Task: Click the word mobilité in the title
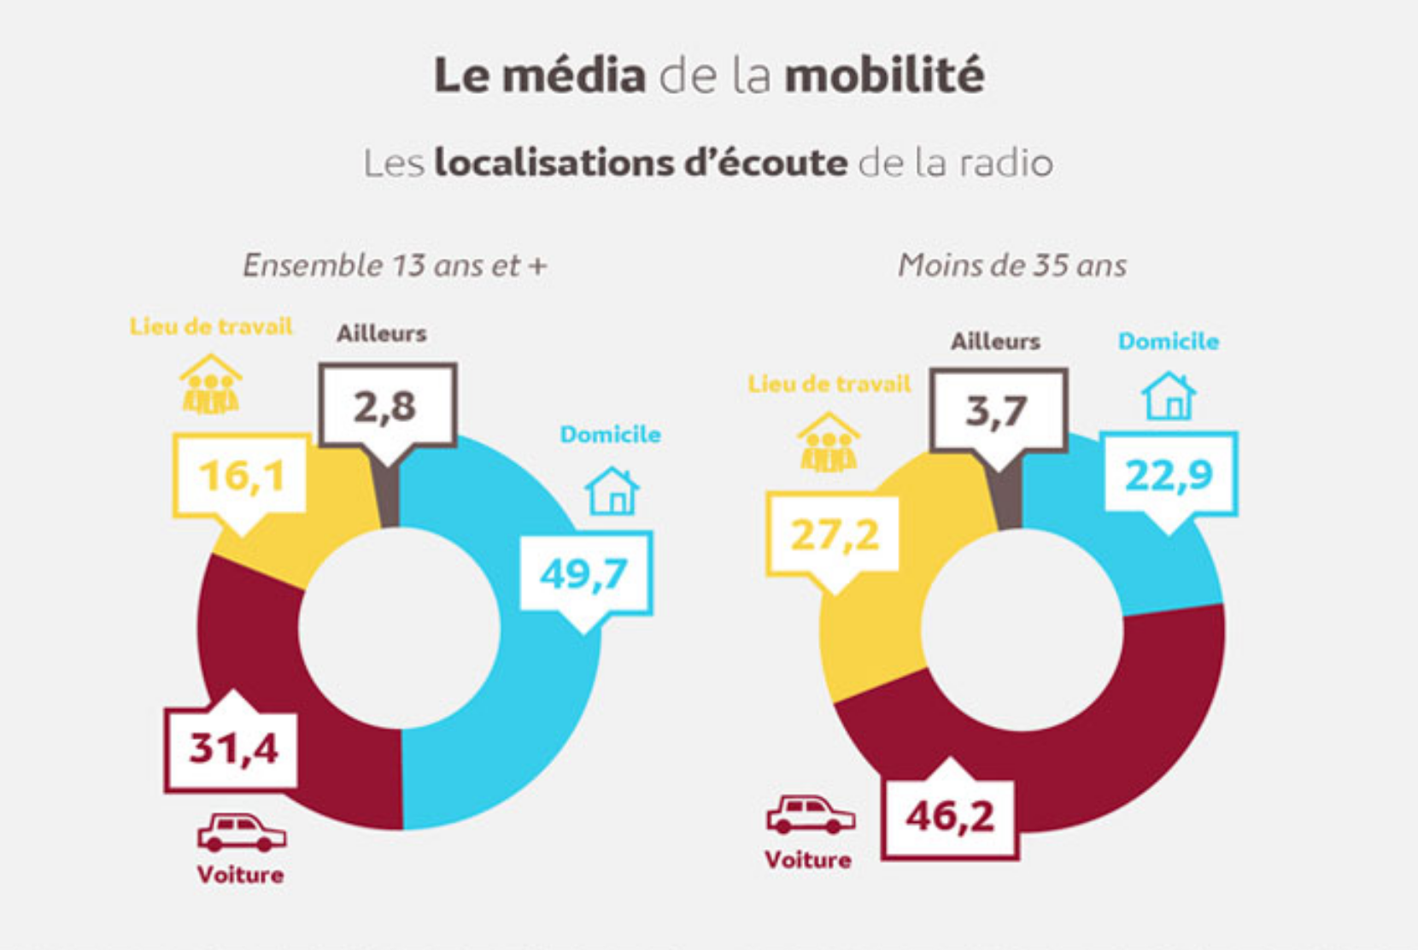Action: (x=884, y=75)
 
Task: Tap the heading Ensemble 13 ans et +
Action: (x=395, y=266)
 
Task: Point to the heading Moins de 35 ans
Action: (x=1011, y=266)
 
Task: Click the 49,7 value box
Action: (x=585, y=572)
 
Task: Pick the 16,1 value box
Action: (x=241, y=475)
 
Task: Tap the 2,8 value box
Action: (x=387, y=406)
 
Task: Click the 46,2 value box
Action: (x=950, y=817)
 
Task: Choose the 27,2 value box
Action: (x=834, y=536)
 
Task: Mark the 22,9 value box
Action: (x=1169, y=475)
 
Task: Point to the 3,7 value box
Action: (x=998, y=411)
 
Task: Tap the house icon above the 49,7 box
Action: (x=612, y=491)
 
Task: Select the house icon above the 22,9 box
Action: (x=1169, y=396)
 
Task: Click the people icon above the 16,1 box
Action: (x=210, y=385)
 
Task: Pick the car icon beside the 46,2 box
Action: (x=810, y=815)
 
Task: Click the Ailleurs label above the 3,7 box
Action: (x=996, y=342)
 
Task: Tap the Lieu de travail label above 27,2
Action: (x=829, y=384)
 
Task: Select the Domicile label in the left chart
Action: (x=610, y=435)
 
